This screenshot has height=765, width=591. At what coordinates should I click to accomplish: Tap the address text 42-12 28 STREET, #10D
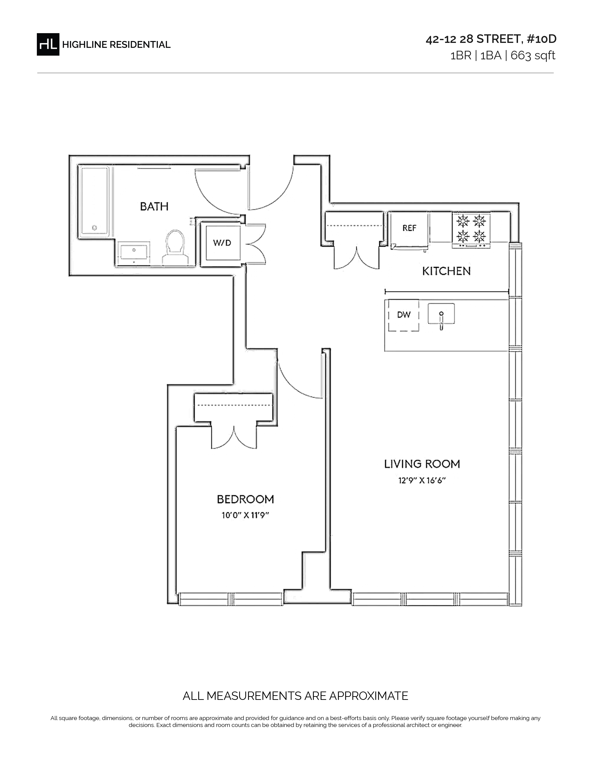[x=491, y=39]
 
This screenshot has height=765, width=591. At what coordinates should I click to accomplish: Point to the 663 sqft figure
[x=533, y=56]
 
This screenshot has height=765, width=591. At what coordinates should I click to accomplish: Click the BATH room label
[x=154, y=206]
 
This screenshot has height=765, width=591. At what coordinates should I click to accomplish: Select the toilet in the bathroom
[x=174, y=247]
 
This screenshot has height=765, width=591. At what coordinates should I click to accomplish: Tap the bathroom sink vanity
[x=134, y=253]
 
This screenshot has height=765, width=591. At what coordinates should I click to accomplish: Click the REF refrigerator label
[x=409, y=228]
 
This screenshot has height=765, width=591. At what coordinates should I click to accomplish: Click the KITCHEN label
[x=446, y=271]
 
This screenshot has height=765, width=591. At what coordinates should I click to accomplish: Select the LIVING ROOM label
[x=422, y=464]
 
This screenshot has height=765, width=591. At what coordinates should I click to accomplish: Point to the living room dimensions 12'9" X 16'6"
[x=422, y=480]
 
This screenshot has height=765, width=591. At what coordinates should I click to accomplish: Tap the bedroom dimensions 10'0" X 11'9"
[x=245, y=515]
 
